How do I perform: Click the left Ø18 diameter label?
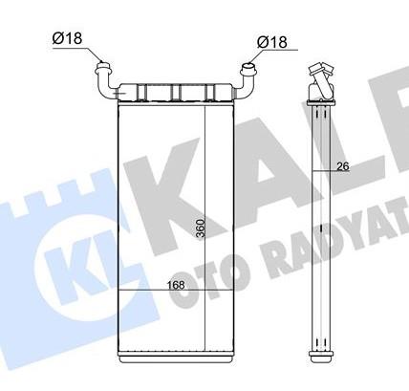67,38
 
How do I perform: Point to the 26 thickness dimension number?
344,168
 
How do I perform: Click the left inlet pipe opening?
102,68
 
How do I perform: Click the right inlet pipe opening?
249,69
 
